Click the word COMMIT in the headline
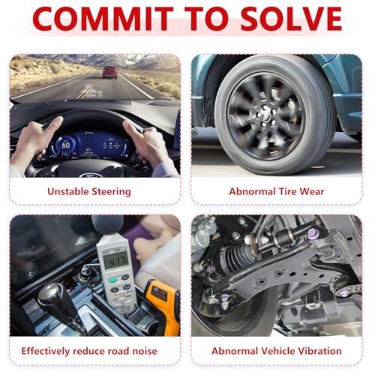click(103, 19)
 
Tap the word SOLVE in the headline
click(291, 19)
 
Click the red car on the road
click(110, 72)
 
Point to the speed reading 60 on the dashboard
click(66, 145)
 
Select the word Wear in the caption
click(312, 191)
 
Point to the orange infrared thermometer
click(163, 305)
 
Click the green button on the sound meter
click(112, 280)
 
